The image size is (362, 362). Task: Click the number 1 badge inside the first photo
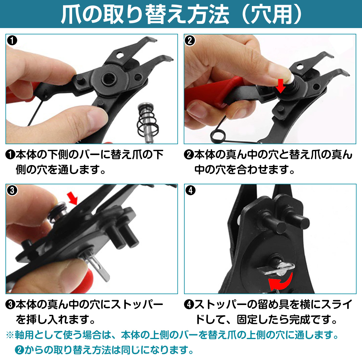(12, 41)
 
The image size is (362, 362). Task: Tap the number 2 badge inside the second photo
(190, 41)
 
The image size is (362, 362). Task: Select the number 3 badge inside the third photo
(12, 190)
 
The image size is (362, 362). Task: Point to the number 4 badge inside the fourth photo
(190, 190)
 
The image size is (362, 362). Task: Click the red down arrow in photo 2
(281, 86)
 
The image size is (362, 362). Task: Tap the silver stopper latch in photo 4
(276, 269)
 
